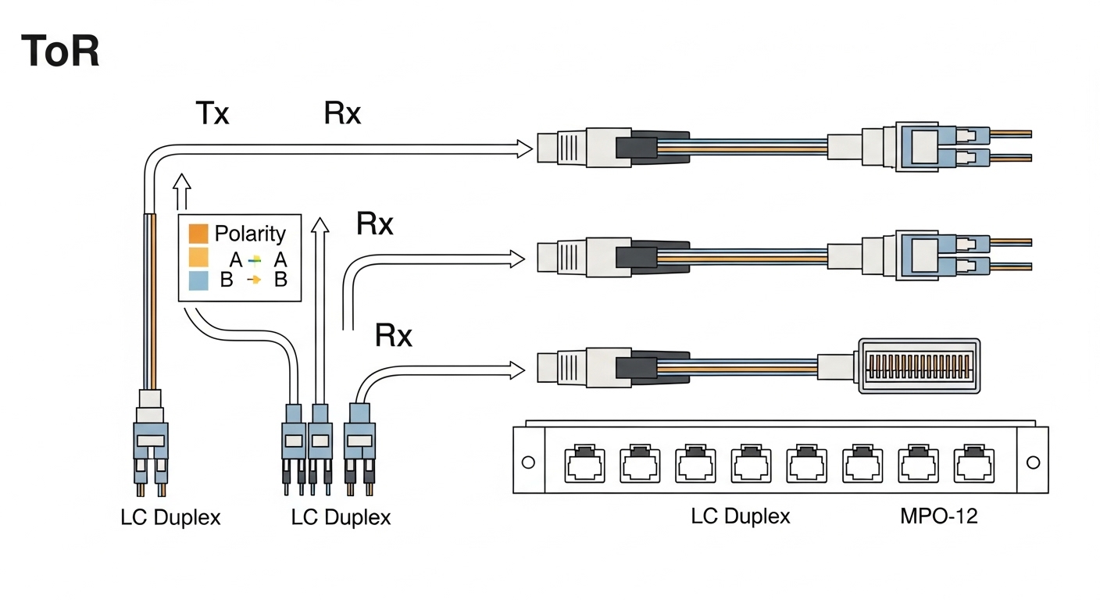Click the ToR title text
click(60, 52)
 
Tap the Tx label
click(211, 114)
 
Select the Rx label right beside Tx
click(342, 114)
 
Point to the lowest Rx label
click(394, 336)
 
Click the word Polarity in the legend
click(250, 234)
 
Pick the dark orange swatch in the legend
click(198, 234)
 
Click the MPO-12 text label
click(937, 516)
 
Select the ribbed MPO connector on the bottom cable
click(919, 366)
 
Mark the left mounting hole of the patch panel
click(528, 462)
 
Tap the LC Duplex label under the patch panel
click(740, 516)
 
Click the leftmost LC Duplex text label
click(170, 517)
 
